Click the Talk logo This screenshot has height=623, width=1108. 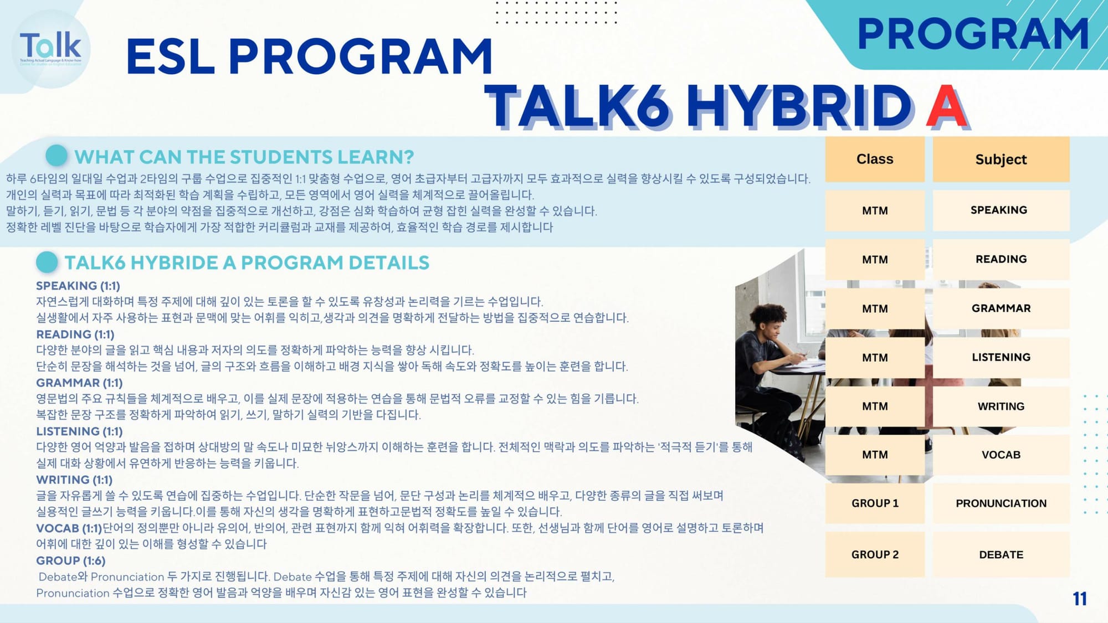coord(50,49)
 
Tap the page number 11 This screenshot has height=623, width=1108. coord(1079,599)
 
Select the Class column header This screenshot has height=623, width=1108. coord(875,159)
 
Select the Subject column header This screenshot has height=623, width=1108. coord(1001,159)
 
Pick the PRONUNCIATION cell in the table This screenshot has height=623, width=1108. coord(1001,503)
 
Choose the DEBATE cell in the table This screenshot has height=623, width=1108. coord(1001,554)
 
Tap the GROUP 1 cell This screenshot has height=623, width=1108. coord(875,503)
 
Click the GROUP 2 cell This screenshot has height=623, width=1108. coord(875,554)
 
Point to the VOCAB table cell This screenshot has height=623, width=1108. coord(1001,455)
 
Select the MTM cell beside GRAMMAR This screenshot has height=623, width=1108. coord(875,308)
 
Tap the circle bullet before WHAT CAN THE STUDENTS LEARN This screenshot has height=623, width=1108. coord(57,156)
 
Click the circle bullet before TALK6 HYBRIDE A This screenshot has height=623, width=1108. coord(47,262)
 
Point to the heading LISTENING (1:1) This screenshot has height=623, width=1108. coord(79,431)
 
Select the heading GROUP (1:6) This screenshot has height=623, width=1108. coord(70,560)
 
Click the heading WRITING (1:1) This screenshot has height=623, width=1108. coord(74,480)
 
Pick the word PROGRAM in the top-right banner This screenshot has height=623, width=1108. coord(973,34)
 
